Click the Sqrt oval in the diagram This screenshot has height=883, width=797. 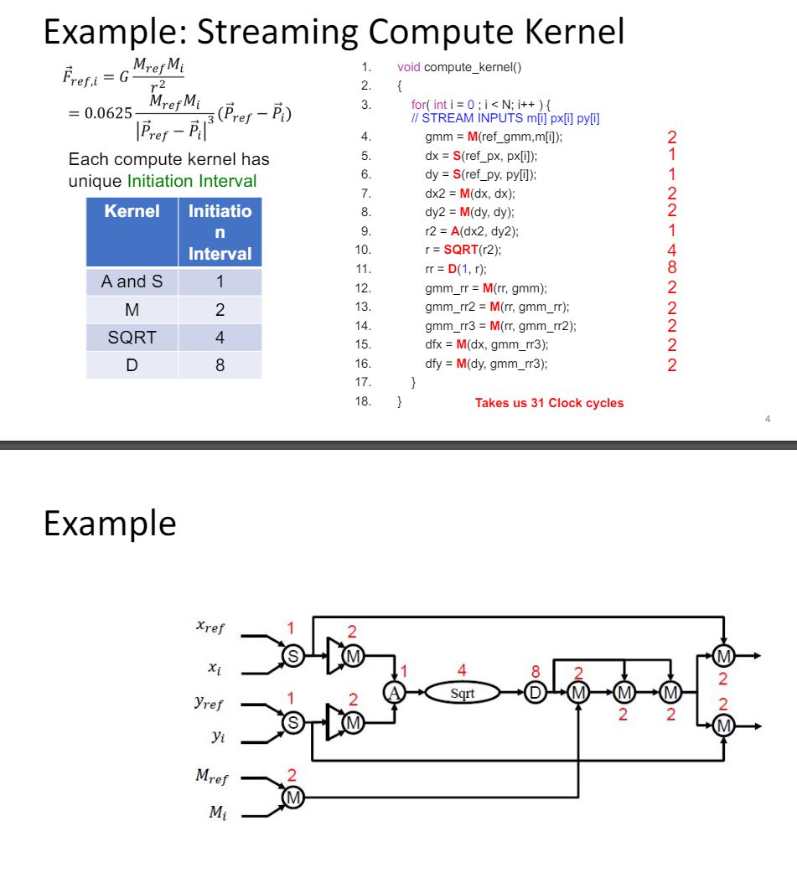[462, 693]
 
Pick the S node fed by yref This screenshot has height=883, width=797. [293, 720]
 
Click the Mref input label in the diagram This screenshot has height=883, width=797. [211, 777]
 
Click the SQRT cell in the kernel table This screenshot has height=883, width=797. [132, 338]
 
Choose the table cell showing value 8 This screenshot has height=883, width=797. [220, 365]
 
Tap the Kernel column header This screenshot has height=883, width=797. [132, 211]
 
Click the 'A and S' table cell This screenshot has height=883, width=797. [132, 281]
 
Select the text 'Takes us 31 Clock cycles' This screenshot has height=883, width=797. [549, 403]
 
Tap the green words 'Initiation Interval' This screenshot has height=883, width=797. [192, 181]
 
